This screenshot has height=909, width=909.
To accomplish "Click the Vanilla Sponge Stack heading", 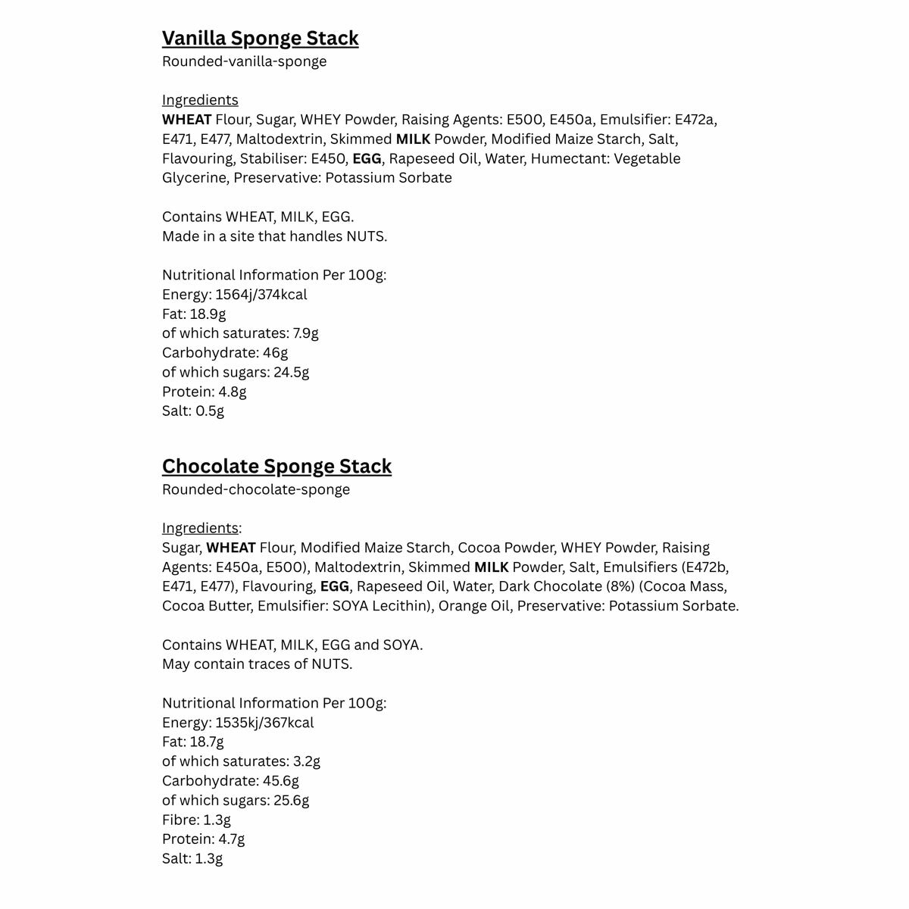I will pyautogui.click(x=260, y=38).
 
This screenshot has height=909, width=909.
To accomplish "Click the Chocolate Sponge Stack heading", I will pyautogui.click(x=276, y=466).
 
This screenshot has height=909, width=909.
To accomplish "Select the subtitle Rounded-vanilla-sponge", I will pyautogui.click(x=244, y=61).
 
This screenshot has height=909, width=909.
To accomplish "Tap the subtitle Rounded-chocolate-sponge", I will pyautogui.click(x=256, y=489).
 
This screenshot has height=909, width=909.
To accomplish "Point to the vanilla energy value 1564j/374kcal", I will pyautogui.click(x=261, y=295).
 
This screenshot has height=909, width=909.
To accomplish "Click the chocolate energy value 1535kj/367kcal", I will pyautogui.click(x=264, y=723).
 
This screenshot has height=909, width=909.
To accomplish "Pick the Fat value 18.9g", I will pyautogui.click(x=208, y=314).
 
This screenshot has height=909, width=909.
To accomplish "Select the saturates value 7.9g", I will pyautogui.click(x=305, y=333).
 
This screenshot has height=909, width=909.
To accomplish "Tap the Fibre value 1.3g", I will pyautogui.click(x=217, y=820).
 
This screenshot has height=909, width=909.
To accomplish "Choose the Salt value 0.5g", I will pyautogui.click(x=210, y=411).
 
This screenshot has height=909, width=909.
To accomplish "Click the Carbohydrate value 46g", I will pyautogui.click(x=274, y=353).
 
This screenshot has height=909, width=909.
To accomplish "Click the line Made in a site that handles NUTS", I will pyautogui.click(x=274, y=236).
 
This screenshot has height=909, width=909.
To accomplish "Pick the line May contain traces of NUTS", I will pyautogui.click(x=257, y=664).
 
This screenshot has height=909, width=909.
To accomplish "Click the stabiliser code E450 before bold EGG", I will pyautogui.click(x=329, y=159).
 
